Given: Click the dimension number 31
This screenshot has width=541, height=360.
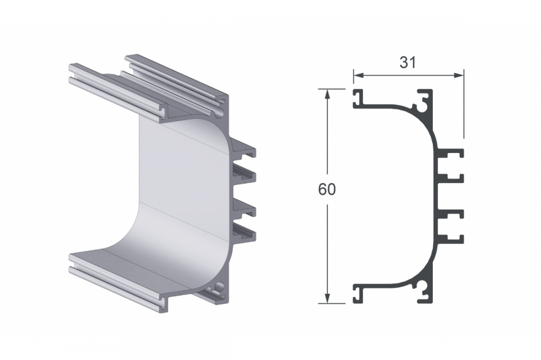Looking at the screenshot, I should coord(407,63).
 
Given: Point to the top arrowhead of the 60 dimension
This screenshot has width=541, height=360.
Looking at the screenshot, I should coord(327,93).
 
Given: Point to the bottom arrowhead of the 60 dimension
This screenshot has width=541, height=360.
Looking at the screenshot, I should coord(327,299).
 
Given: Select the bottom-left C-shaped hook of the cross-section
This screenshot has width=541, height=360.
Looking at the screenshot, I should coord(359,294).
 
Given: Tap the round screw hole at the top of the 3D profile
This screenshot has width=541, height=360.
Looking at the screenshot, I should coord(219,112).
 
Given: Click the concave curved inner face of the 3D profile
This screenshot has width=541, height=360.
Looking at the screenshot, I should coord(179,189).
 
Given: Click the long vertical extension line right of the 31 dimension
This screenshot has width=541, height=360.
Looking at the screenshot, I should coord(464,108).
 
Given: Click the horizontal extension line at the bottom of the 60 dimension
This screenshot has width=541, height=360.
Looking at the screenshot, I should coord(335,303).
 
